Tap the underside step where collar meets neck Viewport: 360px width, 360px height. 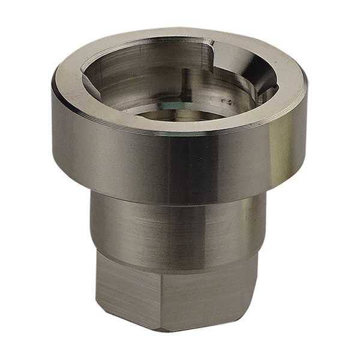(x=180, y=201)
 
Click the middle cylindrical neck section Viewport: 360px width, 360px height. (x=174, y=228)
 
